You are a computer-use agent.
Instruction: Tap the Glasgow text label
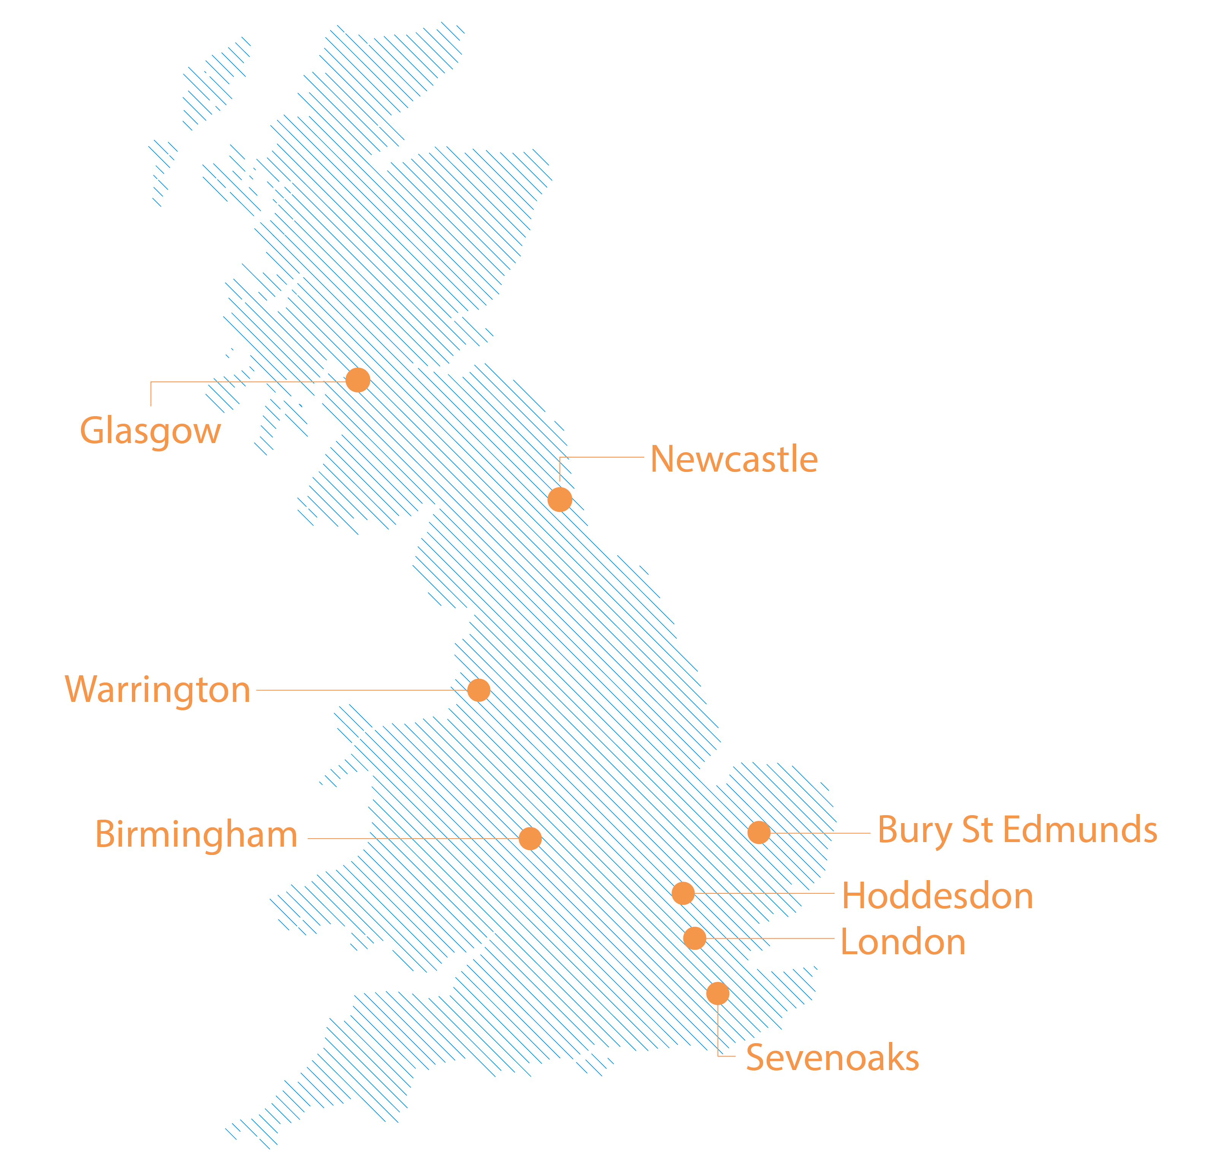150,431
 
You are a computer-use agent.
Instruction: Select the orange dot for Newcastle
559,499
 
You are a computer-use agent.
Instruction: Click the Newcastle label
734,459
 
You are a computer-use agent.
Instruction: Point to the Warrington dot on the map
478,690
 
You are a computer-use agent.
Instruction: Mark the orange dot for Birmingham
530,839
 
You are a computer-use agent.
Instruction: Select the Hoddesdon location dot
683,893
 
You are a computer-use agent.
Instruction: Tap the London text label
903,942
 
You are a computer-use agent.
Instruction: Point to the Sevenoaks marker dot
717,994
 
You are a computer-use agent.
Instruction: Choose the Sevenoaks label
832,1058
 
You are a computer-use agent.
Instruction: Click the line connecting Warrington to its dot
359,690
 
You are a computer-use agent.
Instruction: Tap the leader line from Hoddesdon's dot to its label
767,893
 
